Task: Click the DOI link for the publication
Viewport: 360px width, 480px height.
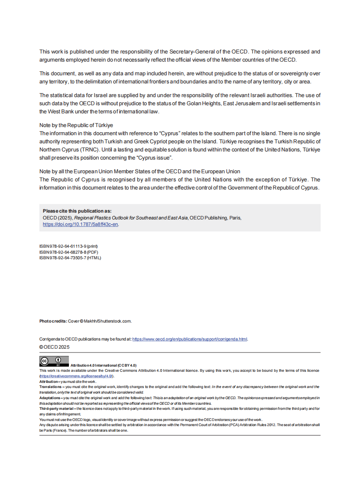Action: click(80, 224)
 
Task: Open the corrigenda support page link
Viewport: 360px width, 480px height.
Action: click(190, 339)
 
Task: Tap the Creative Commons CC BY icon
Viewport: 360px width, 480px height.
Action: click(54, 361)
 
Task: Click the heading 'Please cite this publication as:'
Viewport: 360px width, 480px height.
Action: click(77, 211)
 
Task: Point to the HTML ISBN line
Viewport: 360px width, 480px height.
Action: click(70, 258)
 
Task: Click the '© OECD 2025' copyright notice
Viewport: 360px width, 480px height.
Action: click(54, 347)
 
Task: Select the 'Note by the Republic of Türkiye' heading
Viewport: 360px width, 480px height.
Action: click(76, 125)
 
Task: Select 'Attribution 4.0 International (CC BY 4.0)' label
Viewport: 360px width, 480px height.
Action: click(103, 365)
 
